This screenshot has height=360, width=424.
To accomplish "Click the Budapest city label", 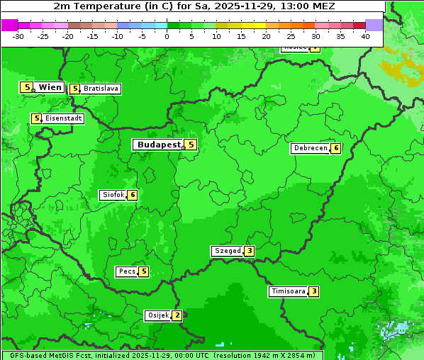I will pyautogui.click(x=159, y=145).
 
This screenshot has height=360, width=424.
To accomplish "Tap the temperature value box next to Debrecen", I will pyautogui.click(x=335, y=149).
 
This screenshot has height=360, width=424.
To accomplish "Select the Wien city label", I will pyautogui.click(x=50, y=87).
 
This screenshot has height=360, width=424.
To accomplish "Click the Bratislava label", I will pyautogui.click(x=100, y=89).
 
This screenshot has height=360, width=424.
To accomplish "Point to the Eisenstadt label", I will pyautogui.click(x=63, y=119).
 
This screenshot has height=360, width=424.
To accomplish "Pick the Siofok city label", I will pyautogui.click(x=113, y=195).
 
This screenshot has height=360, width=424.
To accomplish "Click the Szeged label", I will pyautogui.click(x=228, y=251).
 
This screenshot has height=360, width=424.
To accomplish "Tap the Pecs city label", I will pyautogui.click(x=127, y=271).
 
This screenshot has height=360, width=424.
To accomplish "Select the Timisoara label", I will pyautogui.click(x=288, y=291).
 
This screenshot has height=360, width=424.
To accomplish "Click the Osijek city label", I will pyautogui.click(x=157, y=315).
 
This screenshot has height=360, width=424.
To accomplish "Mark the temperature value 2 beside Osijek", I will pyautogui.click(x=177, y=315).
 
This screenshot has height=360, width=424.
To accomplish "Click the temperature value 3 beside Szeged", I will pyautogui.click(x=249, y=251).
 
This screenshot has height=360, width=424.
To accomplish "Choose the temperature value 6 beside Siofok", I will pyautogui.click(x=132, y=195).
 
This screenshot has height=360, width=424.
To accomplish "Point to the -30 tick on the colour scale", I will pyautogui.click(x=18, y=36).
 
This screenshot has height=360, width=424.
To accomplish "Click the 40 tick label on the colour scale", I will pyautogui.click(x=365, y=36).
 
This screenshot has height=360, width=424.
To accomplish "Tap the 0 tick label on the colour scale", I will pyautogui.click(x=167, y=36).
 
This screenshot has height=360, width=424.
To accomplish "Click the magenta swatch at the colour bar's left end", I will pyautogui.click(x=9, y=25).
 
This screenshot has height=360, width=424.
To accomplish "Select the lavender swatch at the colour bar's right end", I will pyautogui.click(x=374, y=25).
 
